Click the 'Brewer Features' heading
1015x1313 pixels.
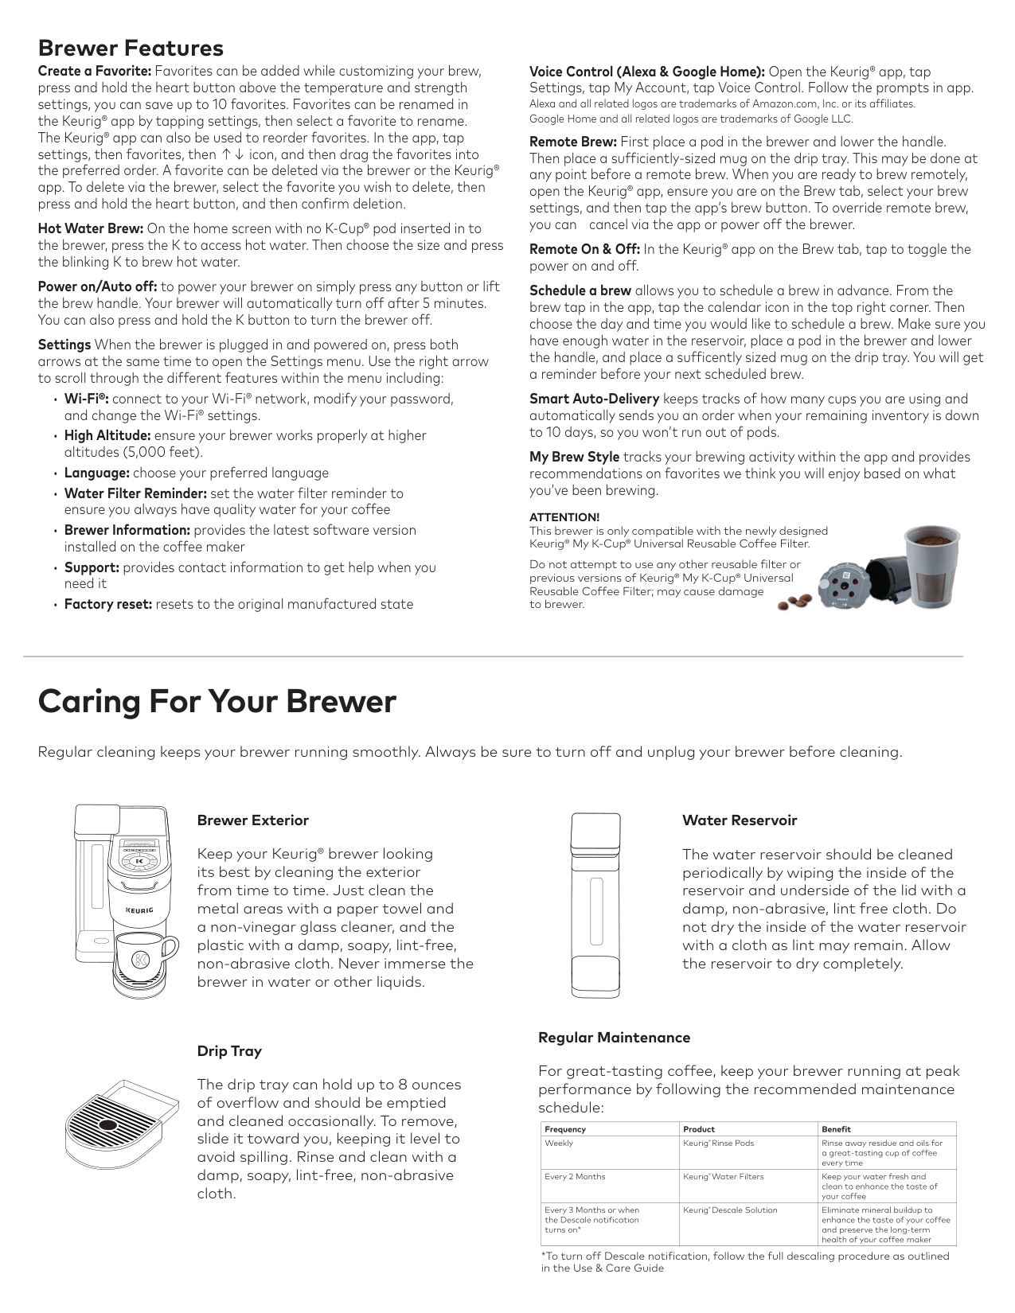131,48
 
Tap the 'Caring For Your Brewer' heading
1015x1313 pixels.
217,702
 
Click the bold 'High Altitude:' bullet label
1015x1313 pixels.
107,435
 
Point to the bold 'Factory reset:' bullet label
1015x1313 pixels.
108,604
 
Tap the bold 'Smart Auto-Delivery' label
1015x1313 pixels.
594,399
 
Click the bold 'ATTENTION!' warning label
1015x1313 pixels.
564,517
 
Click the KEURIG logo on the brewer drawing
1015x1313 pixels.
139,909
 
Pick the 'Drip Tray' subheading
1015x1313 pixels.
229,1051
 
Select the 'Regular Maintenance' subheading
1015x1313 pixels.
614,1038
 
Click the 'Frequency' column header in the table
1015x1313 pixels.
565,1129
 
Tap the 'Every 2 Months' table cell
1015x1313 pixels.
575,1176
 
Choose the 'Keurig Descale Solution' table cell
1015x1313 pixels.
730,1210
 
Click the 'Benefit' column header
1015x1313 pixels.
836,1129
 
